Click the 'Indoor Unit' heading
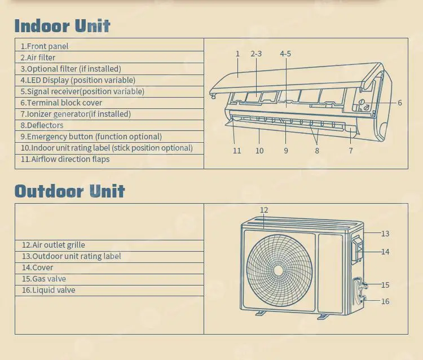62,26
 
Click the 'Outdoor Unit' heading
69,191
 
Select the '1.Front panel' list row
45,46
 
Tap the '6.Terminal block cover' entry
61,103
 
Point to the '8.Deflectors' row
42,125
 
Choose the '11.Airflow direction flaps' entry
65,159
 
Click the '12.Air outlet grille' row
54,245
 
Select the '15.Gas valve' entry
43,279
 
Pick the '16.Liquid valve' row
49,290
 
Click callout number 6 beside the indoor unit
399,103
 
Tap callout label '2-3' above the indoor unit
256,54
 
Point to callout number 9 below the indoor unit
286,151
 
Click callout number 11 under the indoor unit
237,151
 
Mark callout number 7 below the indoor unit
351,151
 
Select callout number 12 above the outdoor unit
264,210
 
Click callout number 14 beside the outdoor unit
385,252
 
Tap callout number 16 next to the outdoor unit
385,301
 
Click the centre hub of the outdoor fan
278,271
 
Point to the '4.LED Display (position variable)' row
78,80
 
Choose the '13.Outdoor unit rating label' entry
71,256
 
